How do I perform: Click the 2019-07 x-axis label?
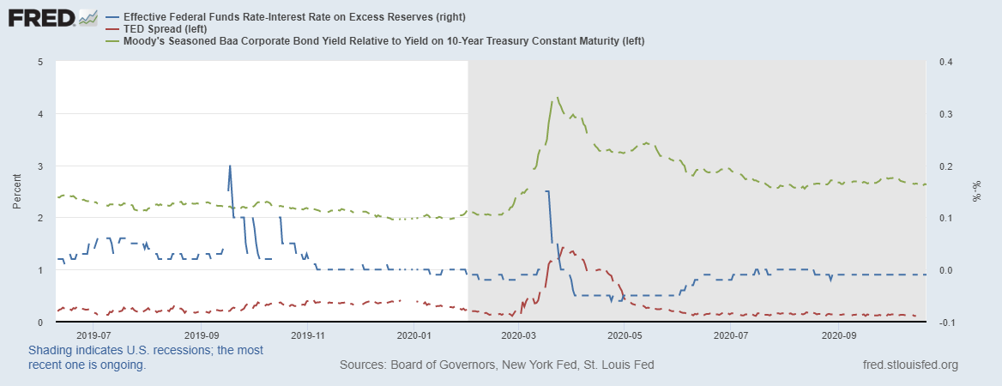click(x=94, y=335)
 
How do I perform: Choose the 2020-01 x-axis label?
click(x=413, y=335)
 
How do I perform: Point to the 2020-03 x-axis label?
click(x=518, y=335)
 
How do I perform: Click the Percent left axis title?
click(x=17, y=192)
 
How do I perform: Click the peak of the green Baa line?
click(x=558, y=98)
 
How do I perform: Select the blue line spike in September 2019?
click(x=230, y=166)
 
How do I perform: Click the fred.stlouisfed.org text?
click(x=908, y=365)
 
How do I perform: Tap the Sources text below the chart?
click(x=497, y=365)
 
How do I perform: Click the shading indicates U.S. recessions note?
click(x=146, y=358)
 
